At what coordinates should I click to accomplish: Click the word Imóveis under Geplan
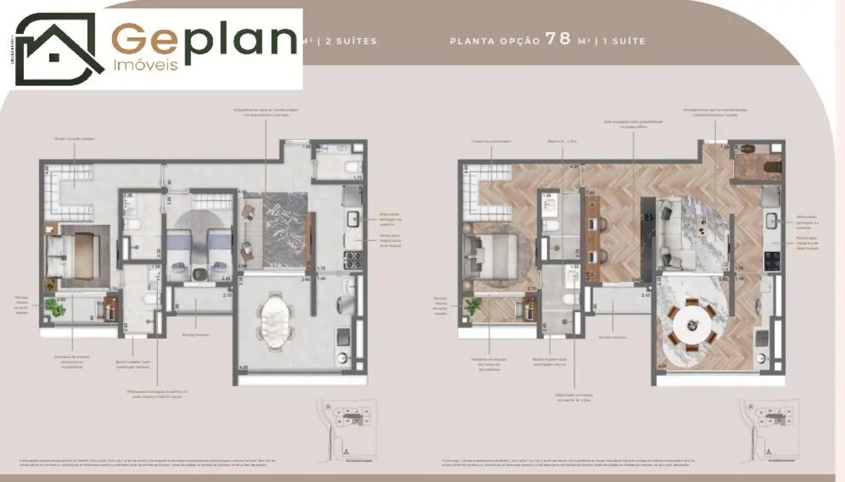pyautogui.click(x=146, y=65)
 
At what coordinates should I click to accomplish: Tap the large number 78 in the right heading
pyautogui.click(x=558, y=39)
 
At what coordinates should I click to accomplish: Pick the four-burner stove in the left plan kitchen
pyautogui.click(x=352, y=260)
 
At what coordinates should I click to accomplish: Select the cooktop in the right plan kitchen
pyautogui.click(x=772, y=260)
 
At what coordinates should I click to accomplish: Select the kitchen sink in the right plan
pyautogui.click(x=772, y=220)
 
